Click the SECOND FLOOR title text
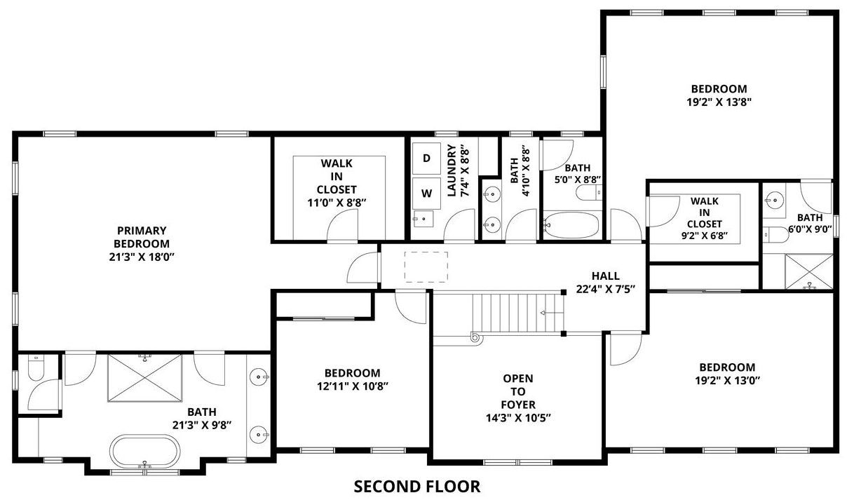point(417,487)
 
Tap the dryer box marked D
point(426,158)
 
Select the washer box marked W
point(426,194)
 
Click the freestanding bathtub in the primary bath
point(145,451)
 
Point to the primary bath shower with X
point(145,378)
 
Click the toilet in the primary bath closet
point(36,368)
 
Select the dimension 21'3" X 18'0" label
point(142,257)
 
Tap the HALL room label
point(605,276)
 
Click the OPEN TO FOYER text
point(518,391)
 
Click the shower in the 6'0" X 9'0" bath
point(808,271)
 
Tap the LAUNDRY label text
point(452,170)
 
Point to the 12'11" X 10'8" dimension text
point(353,386)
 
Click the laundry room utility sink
point(423,219)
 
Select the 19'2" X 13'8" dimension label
point(719,102)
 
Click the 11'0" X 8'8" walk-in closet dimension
point(337,203)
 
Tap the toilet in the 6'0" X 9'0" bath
point(775,234)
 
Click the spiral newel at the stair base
point(475,337)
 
